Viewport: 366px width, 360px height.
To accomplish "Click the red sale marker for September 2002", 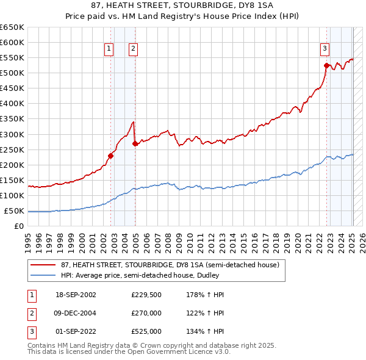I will (x=111, y=156).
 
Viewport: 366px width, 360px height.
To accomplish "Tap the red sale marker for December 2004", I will (x=135, y=143).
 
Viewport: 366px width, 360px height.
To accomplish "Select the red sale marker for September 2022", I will (x=326, y=65).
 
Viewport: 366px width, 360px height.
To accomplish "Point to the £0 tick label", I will (x=18, y=226).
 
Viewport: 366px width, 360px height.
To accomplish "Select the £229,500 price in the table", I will (x=146, y=295).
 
